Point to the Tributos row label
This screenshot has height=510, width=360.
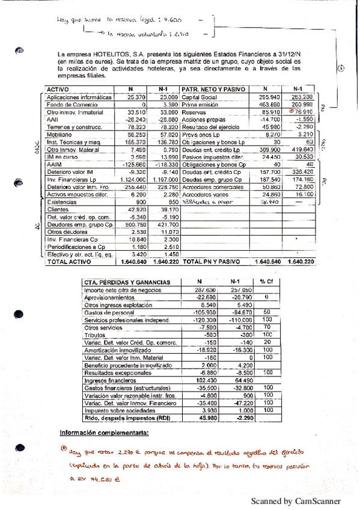click(x=95, y=335)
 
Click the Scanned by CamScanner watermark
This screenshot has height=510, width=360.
click(x=295, y=500)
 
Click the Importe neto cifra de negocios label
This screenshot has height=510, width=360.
click(x=120, y=290)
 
